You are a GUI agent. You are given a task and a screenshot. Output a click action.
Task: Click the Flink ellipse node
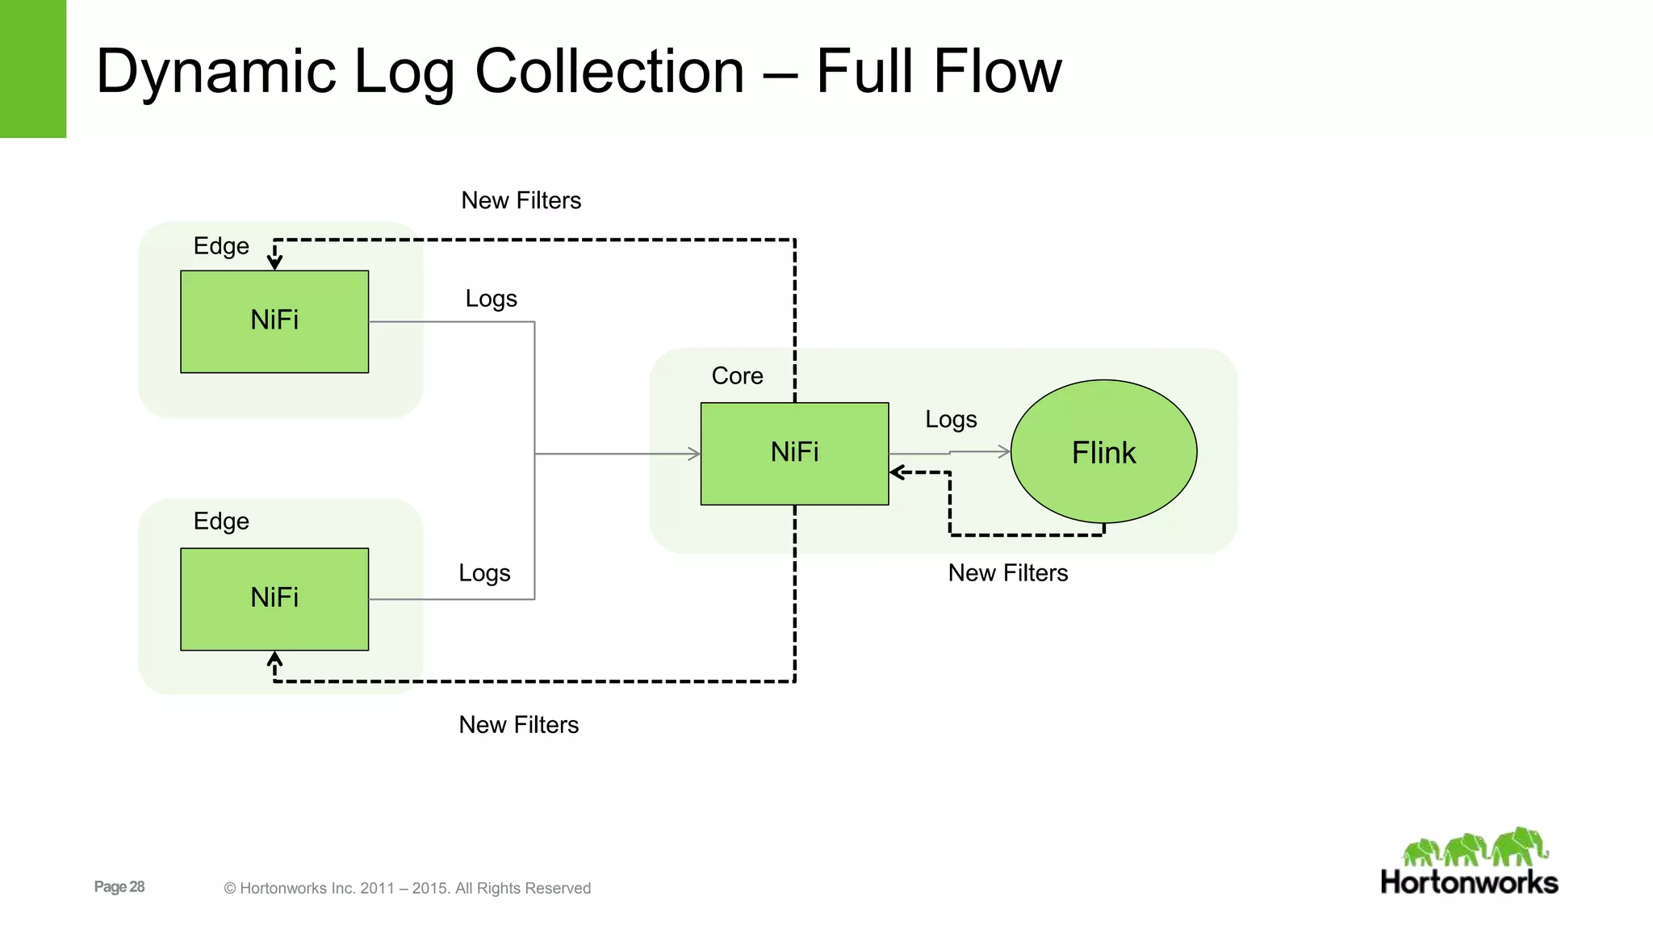(x=1103, y=451)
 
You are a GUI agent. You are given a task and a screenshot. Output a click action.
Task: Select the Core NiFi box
(x=794, y=453)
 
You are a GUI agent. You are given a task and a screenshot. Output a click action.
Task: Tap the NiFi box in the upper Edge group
(x=274, y=320)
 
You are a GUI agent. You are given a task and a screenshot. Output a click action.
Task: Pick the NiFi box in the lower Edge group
(x=274, y=598)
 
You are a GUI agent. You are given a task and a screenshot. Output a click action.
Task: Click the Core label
(x=737, y=375)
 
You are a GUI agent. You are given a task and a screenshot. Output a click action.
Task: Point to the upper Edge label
(x=221, y=245)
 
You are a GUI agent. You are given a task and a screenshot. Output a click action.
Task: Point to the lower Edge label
(x=221, y=521)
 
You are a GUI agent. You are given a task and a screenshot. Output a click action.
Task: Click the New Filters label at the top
(x=521, y=200)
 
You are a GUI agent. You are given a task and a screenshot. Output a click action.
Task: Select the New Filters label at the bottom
(x=518, y=724)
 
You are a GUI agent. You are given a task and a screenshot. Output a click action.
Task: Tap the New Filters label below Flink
(x=1007, y=572)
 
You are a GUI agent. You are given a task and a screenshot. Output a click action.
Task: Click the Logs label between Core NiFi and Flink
(x=951, y=419)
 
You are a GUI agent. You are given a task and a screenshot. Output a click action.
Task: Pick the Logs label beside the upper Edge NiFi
(x=491, y=298)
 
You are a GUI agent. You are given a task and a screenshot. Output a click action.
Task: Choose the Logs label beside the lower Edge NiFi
(x=484, y=572)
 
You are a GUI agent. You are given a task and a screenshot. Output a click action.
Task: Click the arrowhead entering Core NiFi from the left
(x=693, y=454)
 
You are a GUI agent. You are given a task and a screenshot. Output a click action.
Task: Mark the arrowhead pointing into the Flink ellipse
(x=1004, y=451)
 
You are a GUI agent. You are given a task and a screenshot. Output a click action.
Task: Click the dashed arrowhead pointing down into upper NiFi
(x=274, y=262)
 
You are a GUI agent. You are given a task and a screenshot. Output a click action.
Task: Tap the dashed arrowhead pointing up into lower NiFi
(x=274, y=659)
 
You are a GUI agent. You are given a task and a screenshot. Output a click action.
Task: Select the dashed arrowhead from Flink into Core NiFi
(x=897, y=472)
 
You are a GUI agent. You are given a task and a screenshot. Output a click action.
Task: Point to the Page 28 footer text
(x=119, y=886)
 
